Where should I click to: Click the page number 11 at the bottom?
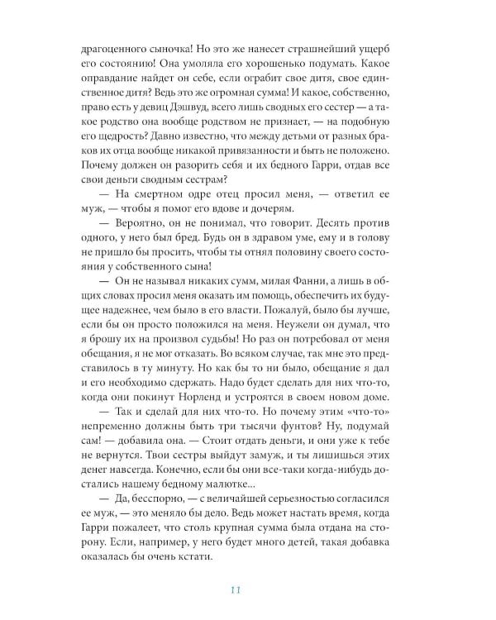(x=236, y=589)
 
